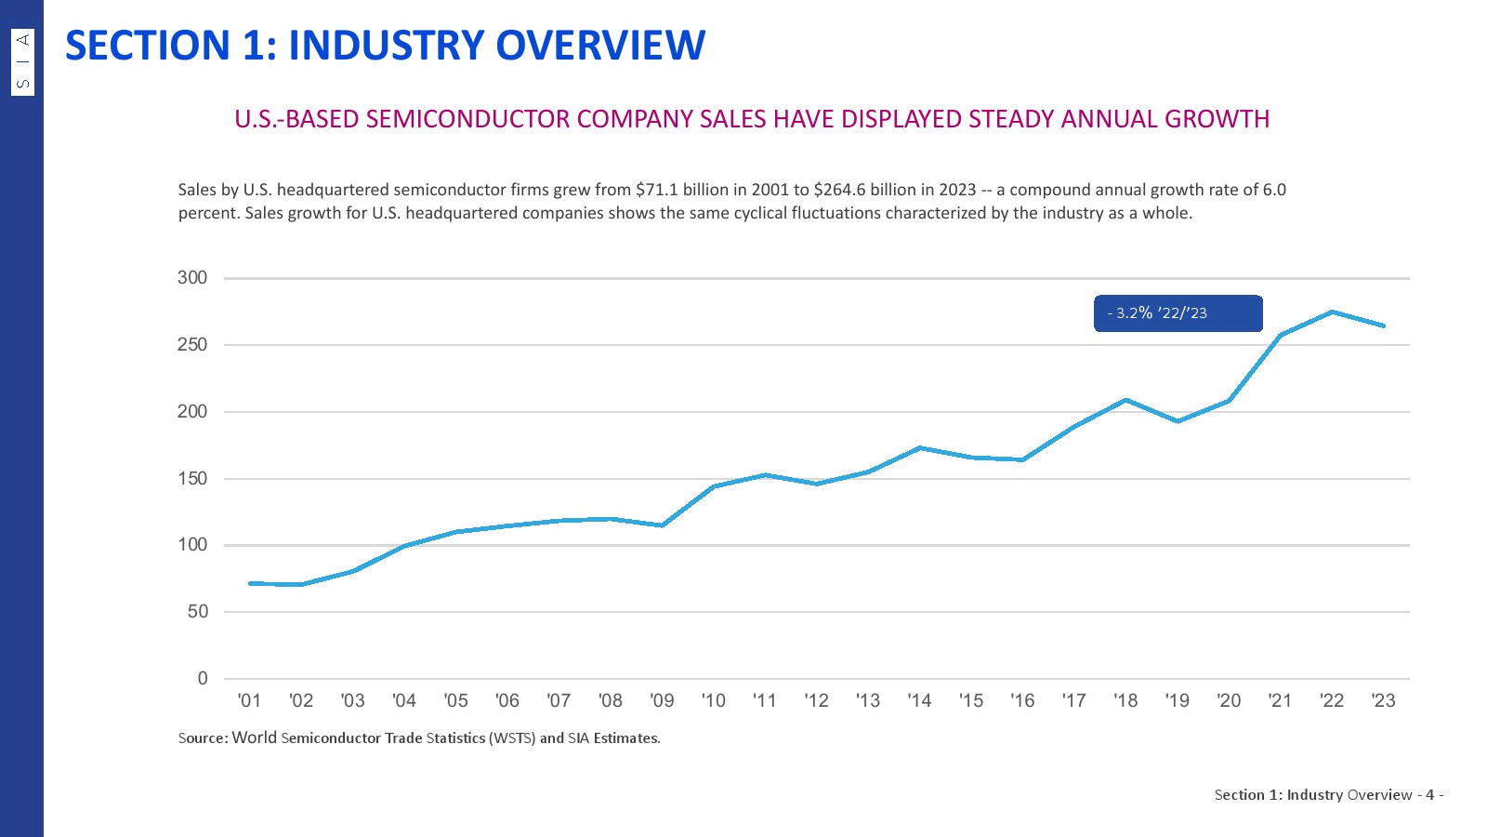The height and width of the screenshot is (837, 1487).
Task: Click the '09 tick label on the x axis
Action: coord(662,700)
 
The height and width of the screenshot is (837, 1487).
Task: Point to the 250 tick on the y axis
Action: coord(192,345)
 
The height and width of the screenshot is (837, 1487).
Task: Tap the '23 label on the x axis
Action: coord(1383,700)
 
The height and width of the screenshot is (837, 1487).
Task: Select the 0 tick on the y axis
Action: coord(203,679)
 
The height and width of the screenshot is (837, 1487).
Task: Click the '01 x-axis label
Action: coord(249,700)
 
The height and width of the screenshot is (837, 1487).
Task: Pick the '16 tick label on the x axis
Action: coord(1022,700)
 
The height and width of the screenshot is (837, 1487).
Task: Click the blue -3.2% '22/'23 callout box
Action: coord(1178,313)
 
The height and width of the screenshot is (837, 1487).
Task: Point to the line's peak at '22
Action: coord(1332,312)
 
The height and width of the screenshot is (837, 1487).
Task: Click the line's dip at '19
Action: coord(1178,421)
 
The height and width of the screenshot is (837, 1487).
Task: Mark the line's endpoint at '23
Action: coord(1383,325)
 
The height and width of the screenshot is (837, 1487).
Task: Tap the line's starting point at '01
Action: coord(250,583)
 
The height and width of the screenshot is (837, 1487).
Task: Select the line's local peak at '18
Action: coord(1125,400)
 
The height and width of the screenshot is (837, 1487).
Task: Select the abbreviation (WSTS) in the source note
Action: coord(513,738)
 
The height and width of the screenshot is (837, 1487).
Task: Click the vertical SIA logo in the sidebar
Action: coord(23,61)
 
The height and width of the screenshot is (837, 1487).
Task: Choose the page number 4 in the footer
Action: coord(1429,795)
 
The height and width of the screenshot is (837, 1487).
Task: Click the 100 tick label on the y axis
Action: coord(192,545)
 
